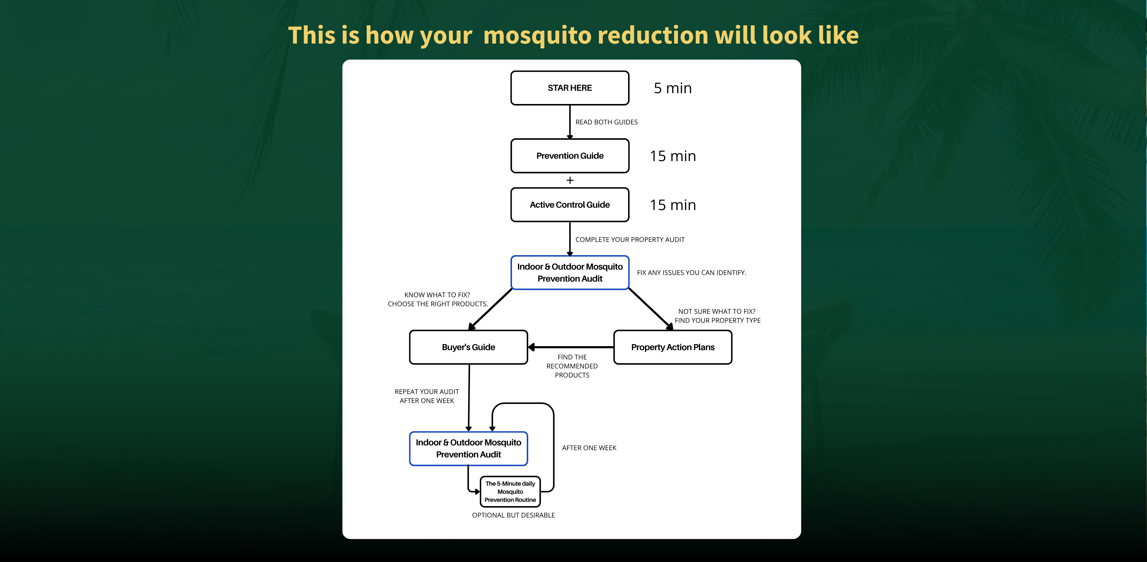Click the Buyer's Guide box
click(468, 347)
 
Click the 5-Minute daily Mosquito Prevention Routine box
click(510, 492)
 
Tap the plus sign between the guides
click(570, 180)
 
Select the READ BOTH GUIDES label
click(606, 122)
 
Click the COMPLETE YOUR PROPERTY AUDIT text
click(630, 240)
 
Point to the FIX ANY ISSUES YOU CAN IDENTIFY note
click(692, 272)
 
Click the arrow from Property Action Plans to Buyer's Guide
click(571, 347)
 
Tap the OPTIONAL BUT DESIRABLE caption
click(514, 515)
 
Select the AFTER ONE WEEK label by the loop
click(589, 447)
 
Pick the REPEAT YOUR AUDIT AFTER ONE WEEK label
click(427, 396)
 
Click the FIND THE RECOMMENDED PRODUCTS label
click(572, 366)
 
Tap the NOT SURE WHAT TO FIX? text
click(717, 311)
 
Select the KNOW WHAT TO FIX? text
click(437, 295)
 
